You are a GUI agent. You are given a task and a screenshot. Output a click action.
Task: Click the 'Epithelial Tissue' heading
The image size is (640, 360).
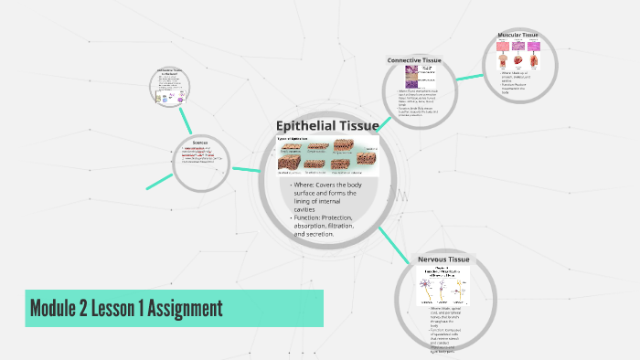327,125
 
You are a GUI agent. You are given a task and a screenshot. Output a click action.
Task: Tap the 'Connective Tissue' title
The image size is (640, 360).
414,60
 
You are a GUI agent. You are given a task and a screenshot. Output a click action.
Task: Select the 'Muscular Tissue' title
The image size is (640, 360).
517,36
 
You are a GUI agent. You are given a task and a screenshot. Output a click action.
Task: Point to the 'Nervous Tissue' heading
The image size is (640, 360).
443,259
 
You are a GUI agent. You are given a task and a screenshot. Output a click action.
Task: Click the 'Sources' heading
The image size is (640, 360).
200,142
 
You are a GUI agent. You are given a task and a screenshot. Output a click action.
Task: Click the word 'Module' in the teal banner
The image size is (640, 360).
58,308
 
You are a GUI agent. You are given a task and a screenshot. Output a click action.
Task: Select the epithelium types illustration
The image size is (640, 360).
327,154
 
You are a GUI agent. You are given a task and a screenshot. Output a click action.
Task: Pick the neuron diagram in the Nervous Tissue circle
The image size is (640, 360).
443,285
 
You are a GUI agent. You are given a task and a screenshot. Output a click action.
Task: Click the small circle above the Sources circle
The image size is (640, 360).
172,88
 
